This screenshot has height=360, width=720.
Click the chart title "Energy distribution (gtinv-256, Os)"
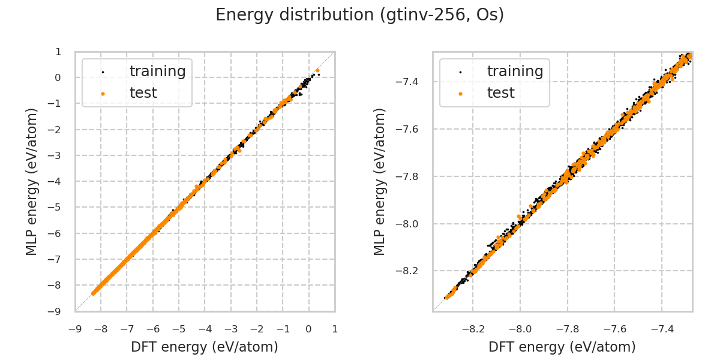(x=359, y=15)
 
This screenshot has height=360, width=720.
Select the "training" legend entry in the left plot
(x=157, y=71)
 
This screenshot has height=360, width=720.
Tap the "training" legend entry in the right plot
(x=515, y=71)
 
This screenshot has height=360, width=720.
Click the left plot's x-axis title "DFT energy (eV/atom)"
(x=205, y=347)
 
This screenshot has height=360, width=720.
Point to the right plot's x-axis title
(x=562, y=347)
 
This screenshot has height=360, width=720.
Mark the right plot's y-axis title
(x=380, y=181)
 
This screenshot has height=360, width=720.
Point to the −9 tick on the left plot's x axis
(x=75, y=329)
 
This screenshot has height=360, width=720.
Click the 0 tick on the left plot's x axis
(x=309, y=329)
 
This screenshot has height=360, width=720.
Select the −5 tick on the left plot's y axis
(x=58, y=208)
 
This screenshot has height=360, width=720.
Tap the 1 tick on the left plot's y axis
(x=58, y=52)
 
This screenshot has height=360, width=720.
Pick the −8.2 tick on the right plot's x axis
(x=473, y=329)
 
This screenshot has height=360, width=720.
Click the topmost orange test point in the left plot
(x=317, y=70)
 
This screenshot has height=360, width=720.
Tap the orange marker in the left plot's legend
(x=103, y=94)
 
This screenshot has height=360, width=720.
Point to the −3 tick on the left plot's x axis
(x=231, y=329)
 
